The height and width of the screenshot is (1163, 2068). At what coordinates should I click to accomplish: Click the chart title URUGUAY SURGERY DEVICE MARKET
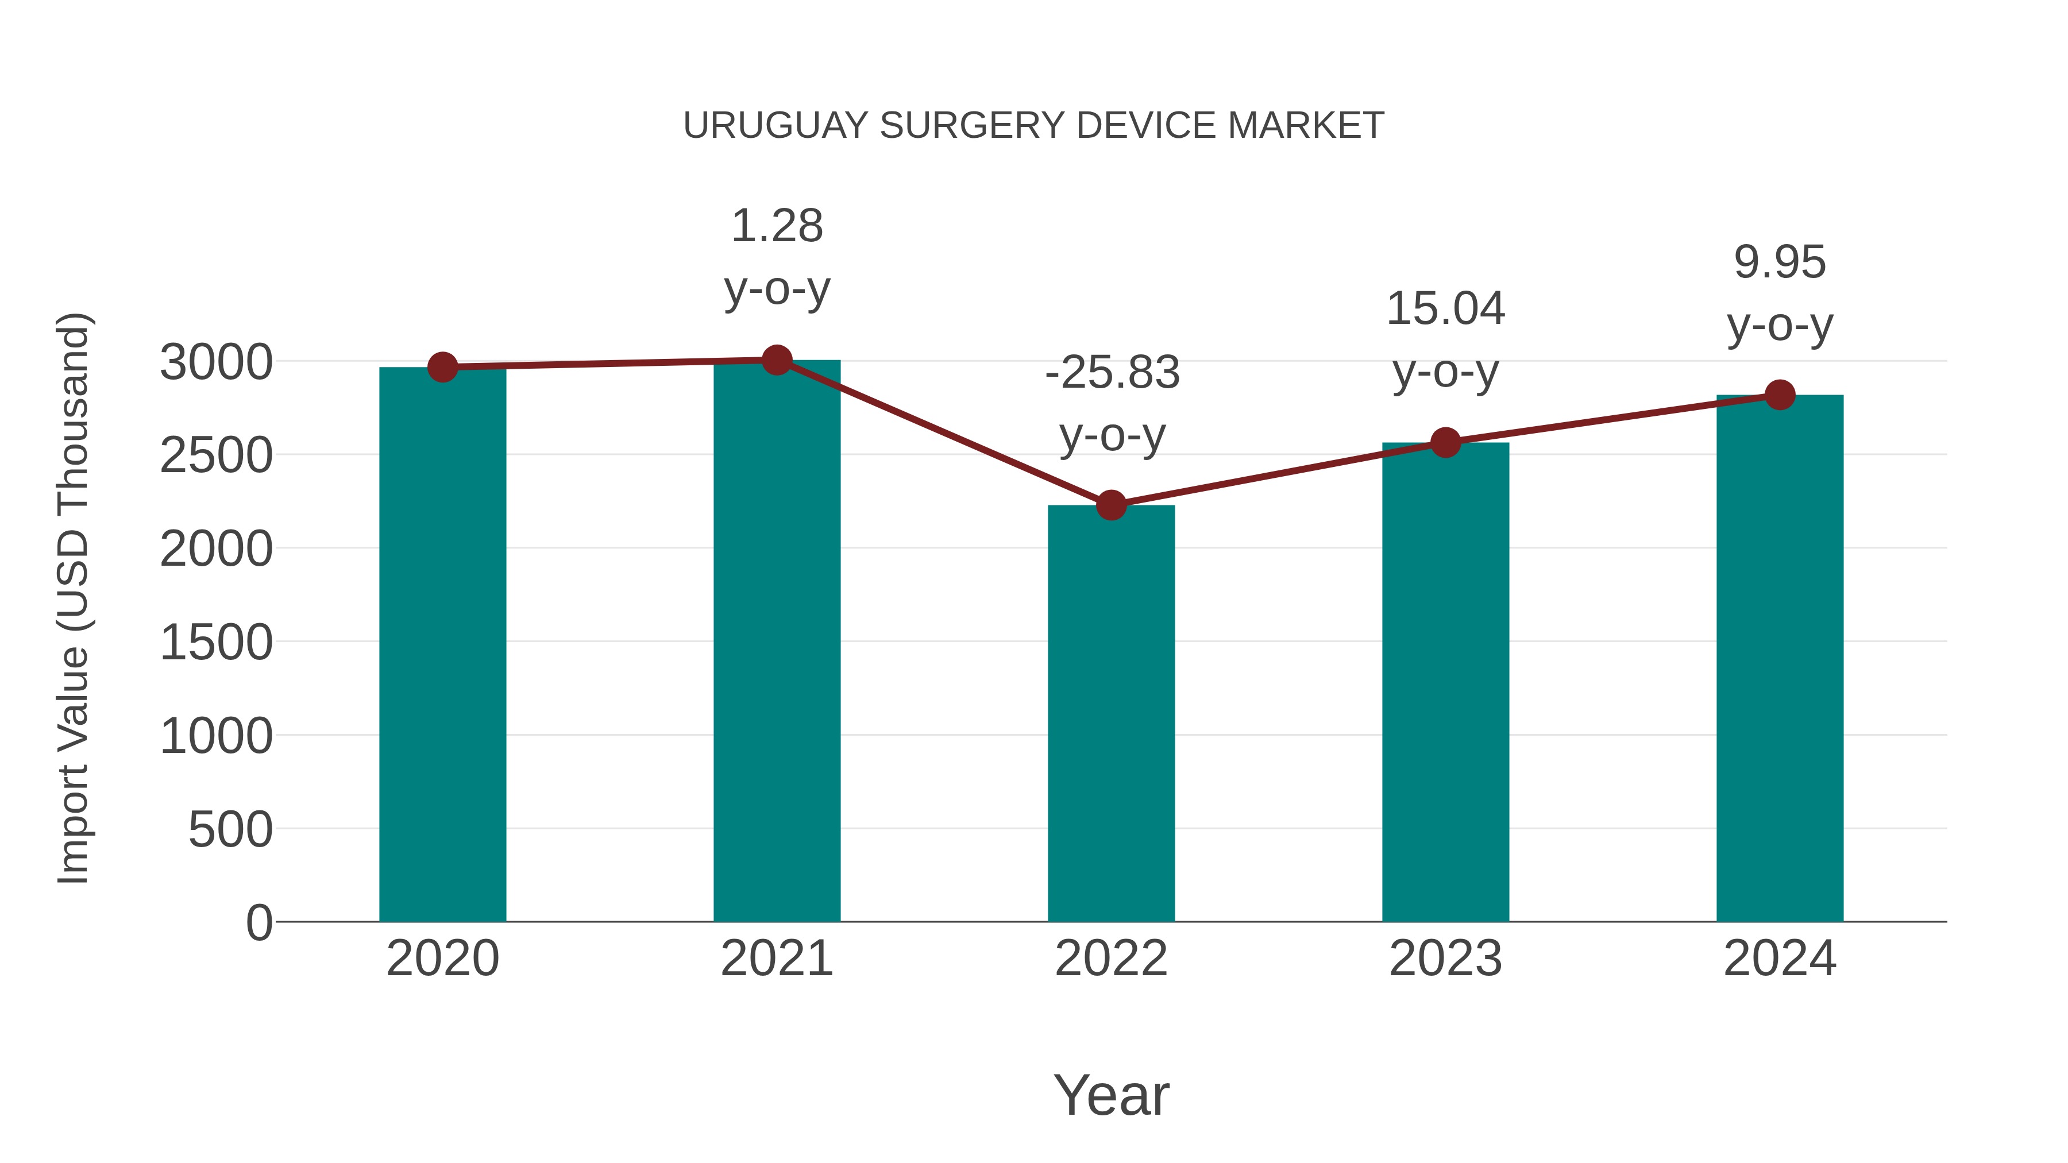pyautogui.click(x=1033, y=126)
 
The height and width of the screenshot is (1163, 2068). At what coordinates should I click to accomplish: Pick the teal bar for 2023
pyautogui.click(x=1445, y=682)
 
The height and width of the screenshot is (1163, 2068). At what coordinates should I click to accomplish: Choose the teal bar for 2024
pyautogui.click(x=1780, y=658)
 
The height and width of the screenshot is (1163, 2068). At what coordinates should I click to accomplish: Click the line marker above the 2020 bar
pyautogui.click(x=442, y=367)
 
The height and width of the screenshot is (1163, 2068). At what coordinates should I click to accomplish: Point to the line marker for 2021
pyautogui.click(x=776, y=360)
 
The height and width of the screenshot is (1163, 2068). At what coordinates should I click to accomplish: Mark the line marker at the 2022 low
pyautogui.click(x=1111, y=505)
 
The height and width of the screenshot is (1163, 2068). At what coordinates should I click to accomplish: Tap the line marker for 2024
pyautogui.click(x=1780, y=395)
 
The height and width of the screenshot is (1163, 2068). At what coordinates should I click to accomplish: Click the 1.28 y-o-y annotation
pyautogui.click(x=776, y=257)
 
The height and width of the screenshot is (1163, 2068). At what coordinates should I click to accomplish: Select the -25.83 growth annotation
pyautogui.click(x=1112, y=404)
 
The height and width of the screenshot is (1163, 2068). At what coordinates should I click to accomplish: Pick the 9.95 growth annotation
pyautogui.click(x=1780, y=293)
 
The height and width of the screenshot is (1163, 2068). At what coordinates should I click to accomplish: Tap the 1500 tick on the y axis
pyautogui.click(x=216, y=643)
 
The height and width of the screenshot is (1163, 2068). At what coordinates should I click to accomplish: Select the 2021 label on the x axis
pyautogui.click(x=776, y=959)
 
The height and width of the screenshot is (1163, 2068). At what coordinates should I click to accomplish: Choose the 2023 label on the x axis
pyautogui.click(x=1445, y=959)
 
